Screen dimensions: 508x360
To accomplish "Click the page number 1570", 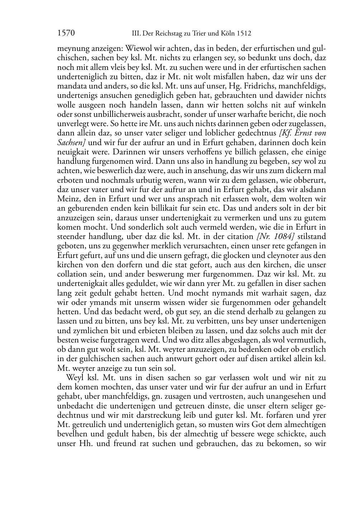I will click(x=66, y=34).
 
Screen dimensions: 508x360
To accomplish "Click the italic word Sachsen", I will click(x=70, y=142).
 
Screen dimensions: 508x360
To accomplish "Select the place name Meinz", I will click(x=66, y=198).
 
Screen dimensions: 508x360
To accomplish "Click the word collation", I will click(x=72, y=274).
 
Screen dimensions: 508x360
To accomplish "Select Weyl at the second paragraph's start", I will click(x=74, y=377).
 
